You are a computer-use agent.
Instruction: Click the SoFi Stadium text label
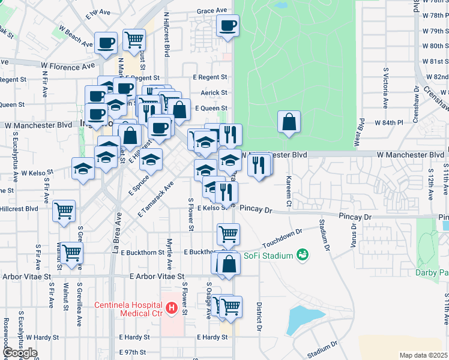pyautogui.click(x=268, y=255)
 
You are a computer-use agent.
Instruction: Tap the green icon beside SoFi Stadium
pyautogui.click(x=303, y=255)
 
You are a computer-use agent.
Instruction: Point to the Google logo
pyautogui.click(x=20, y=353)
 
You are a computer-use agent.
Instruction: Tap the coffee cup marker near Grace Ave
pyautogui.click(x=228, y=26)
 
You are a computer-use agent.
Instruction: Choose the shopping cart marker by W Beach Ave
pyautogui.click(x=134, y=40)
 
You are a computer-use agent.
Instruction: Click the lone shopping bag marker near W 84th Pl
pyautogui.click(x=289, y=122)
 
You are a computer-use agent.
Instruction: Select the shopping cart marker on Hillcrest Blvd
pyautogui.click(x=64, y=211)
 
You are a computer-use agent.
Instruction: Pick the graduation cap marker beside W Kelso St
pyautogui.click(x=83, y=169)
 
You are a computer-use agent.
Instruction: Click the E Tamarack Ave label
pyautogui.click(x=155, y=199)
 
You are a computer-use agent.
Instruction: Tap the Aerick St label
pyautogui.click(x=214, y=92)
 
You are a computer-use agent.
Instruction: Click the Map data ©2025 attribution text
pyautogui.click(x=423, y=355)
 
